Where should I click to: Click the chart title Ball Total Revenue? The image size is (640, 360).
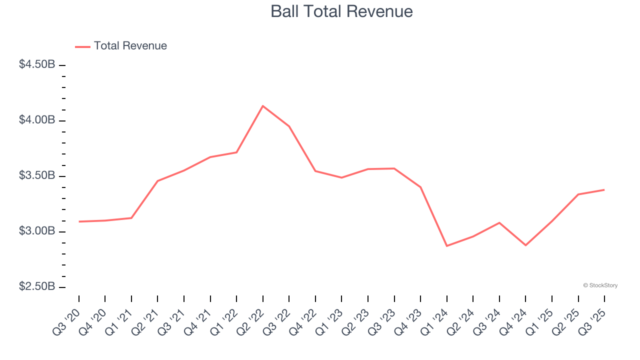tap(341, 11)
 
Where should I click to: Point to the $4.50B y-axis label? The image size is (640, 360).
tap(37, 64)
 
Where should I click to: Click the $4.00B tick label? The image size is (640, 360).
tap(37, 120)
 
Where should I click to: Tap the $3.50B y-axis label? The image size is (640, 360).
tap(37, 175)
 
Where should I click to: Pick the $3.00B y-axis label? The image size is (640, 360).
tap(37, 231)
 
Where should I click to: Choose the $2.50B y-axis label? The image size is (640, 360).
tap(37, 286)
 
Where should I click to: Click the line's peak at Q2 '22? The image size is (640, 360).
tap(263, 106)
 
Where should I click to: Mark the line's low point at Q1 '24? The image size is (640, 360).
tap(446, 246)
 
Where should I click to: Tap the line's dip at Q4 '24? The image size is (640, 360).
tap(525, 245)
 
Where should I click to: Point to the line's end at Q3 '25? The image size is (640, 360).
tap(604, 189)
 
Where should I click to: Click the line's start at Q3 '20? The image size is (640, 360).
tap(79, 221)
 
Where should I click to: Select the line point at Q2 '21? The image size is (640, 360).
tap(157, 181)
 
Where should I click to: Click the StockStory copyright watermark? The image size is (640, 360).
tap(600, 285)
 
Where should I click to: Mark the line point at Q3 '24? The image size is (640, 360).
tap(499, 222)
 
